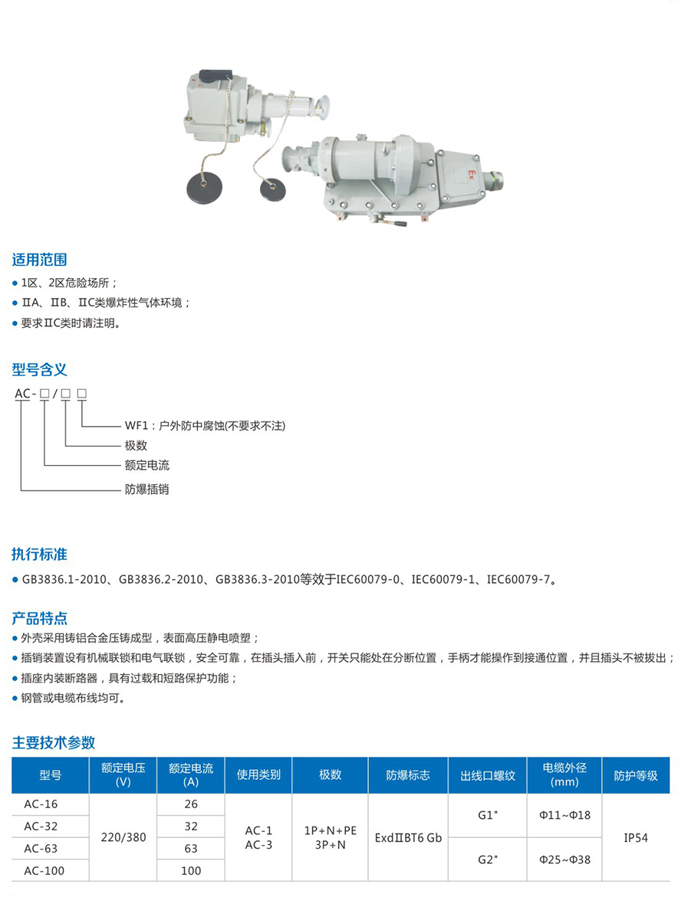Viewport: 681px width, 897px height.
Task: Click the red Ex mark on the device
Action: click(x=472, y=173)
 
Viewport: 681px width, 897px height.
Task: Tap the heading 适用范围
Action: click(x=40, y=260)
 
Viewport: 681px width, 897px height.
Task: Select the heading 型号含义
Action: click(x=40, y=369)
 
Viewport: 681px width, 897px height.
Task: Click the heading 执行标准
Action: click(x=40, y=554)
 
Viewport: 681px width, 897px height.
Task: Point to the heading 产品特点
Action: click(x=40, y=618)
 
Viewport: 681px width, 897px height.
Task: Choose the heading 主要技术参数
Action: click(x=53, y=742)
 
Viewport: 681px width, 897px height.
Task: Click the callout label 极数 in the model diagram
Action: click(x=136, y=445)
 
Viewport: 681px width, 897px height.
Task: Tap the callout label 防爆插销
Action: click(x=146, y=489)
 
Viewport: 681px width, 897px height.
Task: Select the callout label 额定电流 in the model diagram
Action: click(x=146, y=465)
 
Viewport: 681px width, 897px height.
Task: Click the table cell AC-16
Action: click(x=41, y=804)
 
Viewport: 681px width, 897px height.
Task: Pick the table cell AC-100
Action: click(x=44, y=871)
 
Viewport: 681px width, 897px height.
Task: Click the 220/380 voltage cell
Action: click(x=123, y=837)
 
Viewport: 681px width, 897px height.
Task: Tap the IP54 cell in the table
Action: click(x=636, y=837)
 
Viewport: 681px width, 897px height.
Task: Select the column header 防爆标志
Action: click(x=408, y=774)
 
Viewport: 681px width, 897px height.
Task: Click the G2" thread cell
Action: click(x=488, y=859)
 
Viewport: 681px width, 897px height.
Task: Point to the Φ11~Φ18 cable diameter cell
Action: click(x=564, y=814)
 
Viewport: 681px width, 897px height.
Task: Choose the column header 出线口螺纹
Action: click(x=488, y=775)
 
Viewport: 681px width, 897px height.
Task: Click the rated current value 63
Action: click(x=191, y=849)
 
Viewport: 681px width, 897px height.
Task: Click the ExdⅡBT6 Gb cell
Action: click(x=409, y=837)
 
